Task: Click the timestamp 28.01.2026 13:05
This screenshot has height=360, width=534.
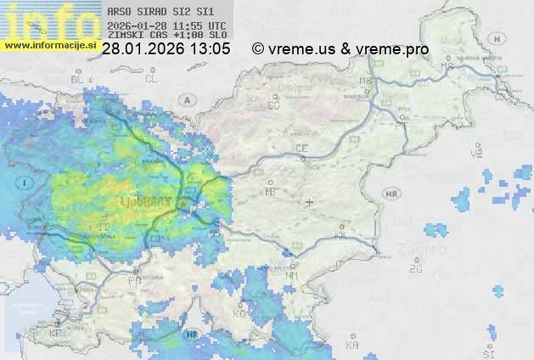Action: pyautogui.click(x=166, y=49)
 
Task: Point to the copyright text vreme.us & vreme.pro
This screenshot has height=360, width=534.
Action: pyautogui.click(x=340, y=49)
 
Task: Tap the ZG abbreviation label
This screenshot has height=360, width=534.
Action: pyautogui.click(x=415, y=269)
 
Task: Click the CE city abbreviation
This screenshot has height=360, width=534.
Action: pyautogui.click(x=301, y=148)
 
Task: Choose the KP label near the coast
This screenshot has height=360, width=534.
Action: pyautogui.click(x=57, y=334)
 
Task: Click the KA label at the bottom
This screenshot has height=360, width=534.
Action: pyautogui.click(x=352, y=346)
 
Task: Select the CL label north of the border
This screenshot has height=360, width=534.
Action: pyautogui.click(x=151, y=79)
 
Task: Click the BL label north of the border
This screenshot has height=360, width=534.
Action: pyautogui.click(x=78, y=79)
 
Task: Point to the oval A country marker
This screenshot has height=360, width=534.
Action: pyautogui.click(x=186, y=99)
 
